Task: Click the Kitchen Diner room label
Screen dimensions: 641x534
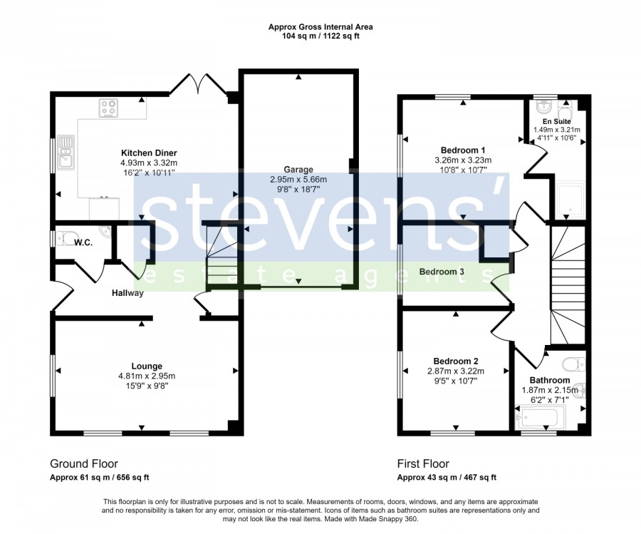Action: click(x=149, y=153)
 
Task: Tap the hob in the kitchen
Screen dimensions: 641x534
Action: click(x=108, y=108)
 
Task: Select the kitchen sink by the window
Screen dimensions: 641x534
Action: click(x=66, y=153)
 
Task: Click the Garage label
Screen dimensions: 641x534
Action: click(x=298, y=170)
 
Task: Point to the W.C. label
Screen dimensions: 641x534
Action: click(x=83, y=242)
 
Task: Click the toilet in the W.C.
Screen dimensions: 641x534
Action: click(x=64, y=238)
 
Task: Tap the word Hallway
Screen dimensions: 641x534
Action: click(x=128, y=293)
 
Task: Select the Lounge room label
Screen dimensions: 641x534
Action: click(x=147, y=366)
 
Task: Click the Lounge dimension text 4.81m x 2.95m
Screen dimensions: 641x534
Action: click(x=147, y=376)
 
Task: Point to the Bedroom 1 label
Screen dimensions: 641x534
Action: click(x=463, y=150)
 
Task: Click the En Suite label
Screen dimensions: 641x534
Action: click(x=557, y=121)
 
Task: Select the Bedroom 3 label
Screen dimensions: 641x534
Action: click(x=442, y=272)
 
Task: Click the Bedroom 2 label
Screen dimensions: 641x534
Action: click(x=456, y=361)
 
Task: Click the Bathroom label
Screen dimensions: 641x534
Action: click(x=550, y=380)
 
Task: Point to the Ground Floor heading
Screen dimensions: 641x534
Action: click(x=84, y=463)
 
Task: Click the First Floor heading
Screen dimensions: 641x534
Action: click(x=423, y=463)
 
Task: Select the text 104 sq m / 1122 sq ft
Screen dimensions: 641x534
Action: click(x=320, y=36)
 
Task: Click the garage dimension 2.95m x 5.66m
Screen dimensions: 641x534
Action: click(x=298, y=179)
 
